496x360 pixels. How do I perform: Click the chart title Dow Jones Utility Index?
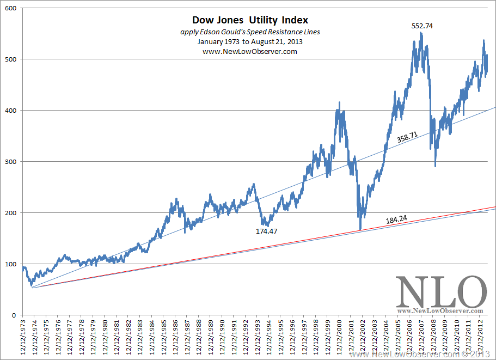[250, 21]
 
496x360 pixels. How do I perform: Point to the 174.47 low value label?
[267, 231]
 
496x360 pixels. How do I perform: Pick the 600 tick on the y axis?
[10, 8]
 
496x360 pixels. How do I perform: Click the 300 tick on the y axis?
[10, 162]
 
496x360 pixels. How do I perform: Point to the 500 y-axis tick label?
[10, 59]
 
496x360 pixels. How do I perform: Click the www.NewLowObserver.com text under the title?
[250, 51]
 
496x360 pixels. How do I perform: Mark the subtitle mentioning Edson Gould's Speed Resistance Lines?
[250, 32]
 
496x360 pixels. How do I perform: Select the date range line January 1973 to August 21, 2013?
[250, 41]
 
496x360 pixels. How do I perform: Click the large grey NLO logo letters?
[441, 292]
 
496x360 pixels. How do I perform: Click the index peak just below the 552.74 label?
[421, 33]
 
